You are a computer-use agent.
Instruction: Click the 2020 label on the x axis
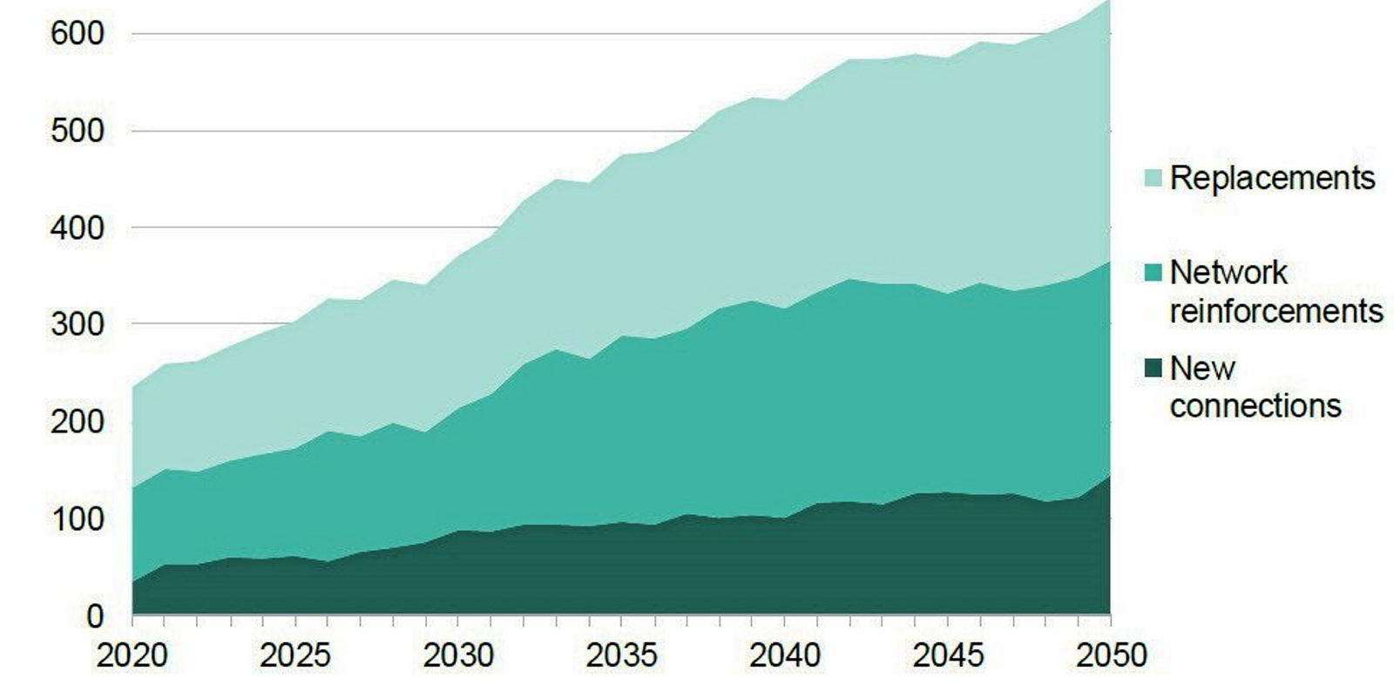coord(132,655)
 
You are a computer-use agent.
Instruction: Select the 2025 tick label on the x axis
coord(294,655)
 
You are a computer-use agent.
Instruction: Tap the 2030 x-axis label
coord(458,655)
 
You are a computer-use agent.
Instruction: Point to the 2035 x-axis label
coord(621,655)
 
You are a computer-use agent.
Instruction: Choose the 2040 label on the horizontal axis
coord(784,655)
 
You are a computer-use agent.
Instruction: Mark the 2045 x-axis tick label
coord(947,655)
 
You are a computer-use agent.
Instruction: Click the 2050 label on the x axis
coord(1110,655)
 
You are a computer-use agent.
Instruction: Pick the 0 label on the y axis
coord(95,616)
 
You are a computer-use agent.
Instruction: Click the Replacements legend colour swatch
coord(1153,179)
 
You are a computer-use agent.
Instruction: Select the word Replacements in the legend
coord(1272,178)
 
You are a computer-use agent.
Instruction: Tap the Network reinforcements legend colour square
coord(1153,274)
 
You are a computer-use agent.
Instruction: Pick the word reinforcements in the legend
coord(1276,311)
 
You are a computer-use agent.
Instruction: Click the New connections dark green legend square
coord(1153,370)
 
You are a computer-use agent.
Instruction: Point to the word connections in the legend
coord(1255,406)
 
